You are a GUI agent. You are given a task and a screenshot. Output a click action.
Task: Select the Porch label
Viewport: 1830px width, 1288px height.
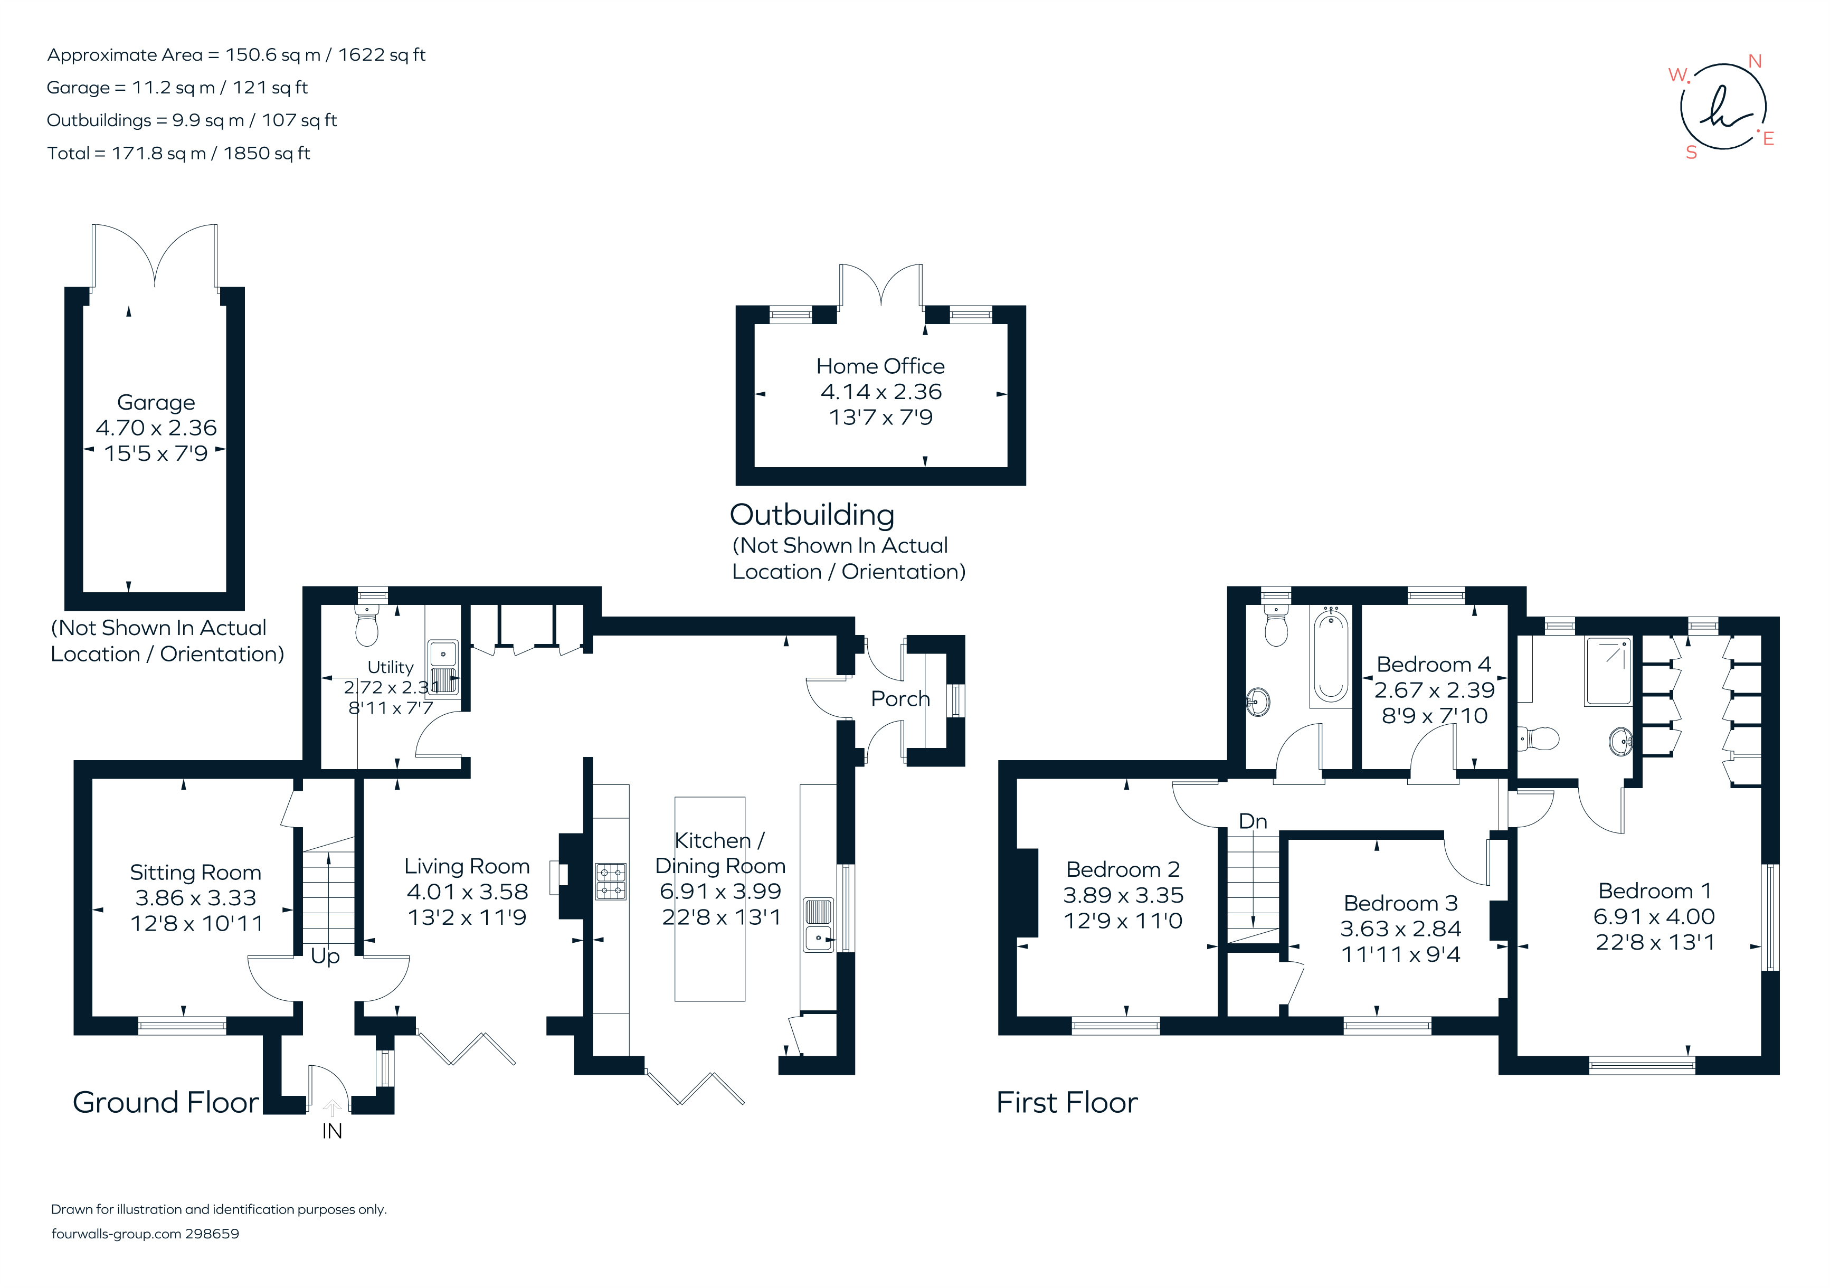(x=900, y=699)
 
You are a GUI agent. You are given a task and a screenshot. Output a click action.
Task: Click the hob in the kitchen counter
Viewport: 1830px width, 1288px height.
(x=611, y=882)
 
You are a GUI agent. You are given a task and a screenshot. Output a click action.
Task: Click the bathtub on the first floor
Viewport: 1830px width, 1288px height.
(x=1330, y=655)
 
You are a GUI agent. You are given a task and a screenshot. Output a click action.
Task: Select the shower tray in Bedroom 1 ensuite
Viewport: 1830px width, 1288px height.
(x=1608, y=670)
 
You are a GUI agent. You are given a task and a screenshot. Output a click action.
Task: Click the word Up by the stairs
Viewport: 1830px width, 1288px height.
(x=325, y=955)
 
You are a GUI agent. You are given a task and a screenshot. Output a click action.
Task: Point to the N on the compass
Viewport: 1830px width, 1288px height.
(x=1755, y=61)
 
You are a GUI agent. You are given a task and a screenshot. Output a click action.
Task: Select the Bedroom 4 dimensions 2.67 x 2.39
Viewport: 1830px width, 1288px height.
(x=1434, y=690)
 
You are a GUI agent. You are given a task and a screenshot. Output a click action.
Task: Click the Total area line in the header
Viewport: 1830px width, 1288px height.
(x=178, y=153)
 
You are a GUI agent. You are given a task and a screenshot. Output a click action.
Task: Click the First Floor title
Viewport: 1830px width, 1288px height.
(x=1066, y=1102)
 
